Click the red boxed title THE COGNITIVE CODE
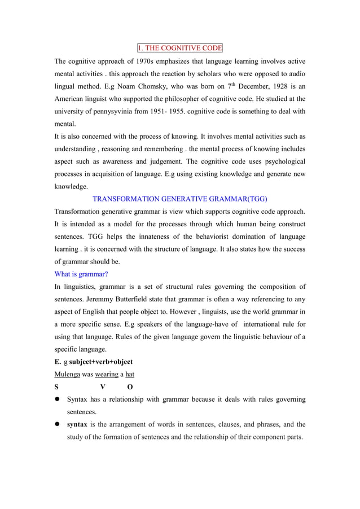(x=180, y=47)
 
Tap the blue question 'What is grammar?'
(x=81, y=274)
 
